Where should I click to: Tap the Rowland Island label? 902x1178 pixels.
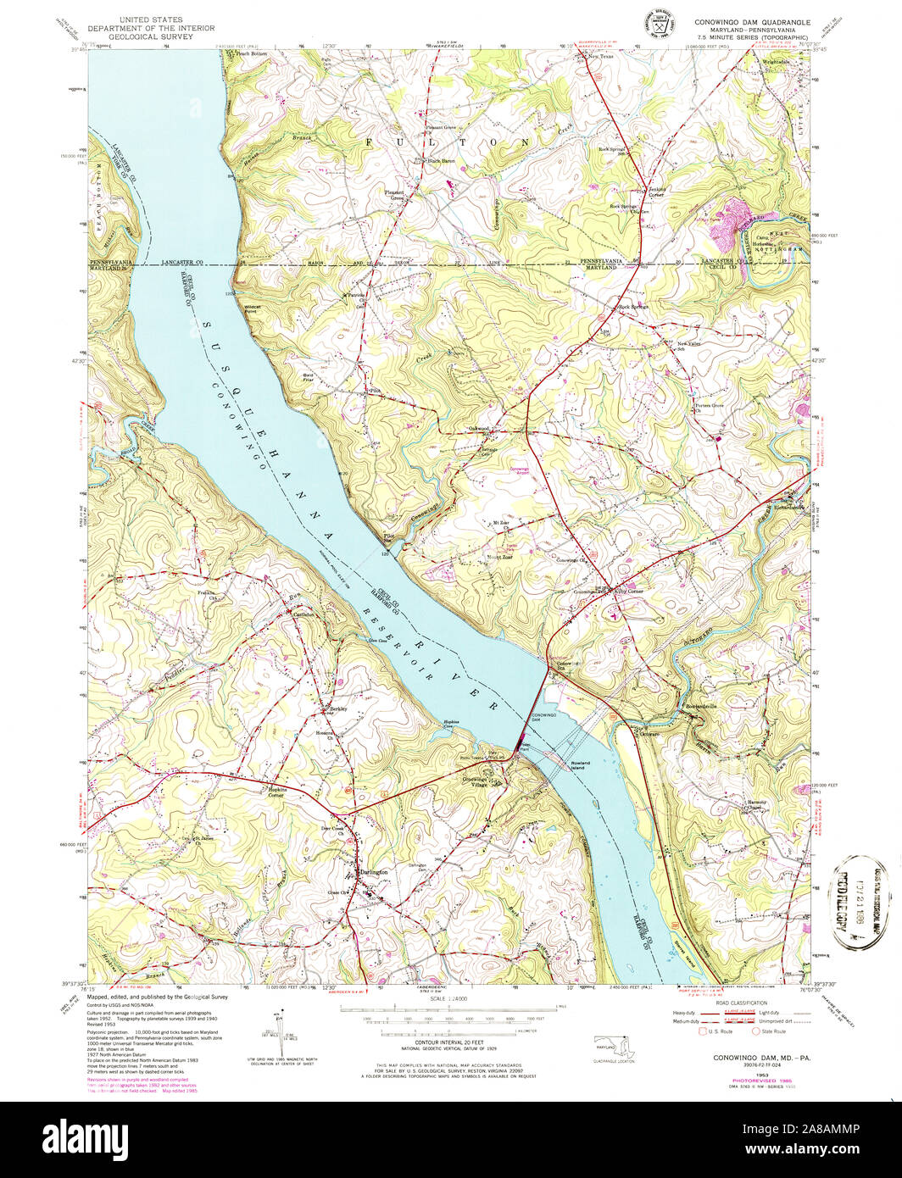pyautogui.click(x=580, y=764)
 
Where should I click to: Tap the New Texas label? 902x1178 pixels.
pyautogui.click(x=601, y=57)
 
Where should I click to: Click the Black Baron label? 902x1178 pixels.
pyautogui.click(x=441, y=161)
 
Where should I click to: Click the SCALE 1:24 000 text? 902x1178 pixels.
pyautogui.click(x=449, y=997)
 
